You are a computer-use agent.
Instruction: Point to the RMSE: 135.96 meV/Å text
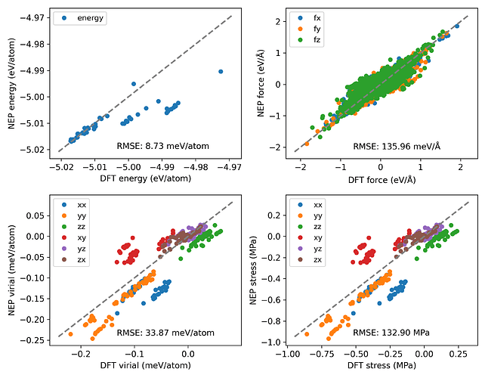click(x=405, y=144)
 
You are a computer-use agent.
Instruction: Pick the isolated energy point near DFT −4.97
click(x=221, y=71)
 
